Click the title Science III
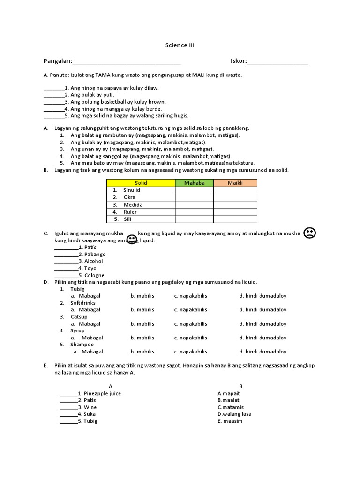tap(180, 45)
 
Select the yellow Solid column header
tap(141, 183)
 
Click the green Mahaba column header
tap(194, 183)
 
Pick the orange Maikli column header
tap(235, 183)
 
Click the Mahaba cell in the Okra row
tap(194, 197)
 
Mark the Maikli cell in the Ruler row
tap(235, 212)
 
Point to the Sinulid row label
tap(131, 190)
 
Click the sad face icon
tap(309, 232)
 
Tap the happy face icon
tap(132, 239)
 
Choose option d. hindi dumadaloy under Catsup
tap(262, 324)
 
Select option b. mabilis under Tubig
tap(142, 296)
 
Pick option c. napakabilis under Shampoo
tap(190, 352)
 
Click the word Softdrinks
tap(83, 303)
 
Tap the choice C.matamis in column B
tap(230, 407)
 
